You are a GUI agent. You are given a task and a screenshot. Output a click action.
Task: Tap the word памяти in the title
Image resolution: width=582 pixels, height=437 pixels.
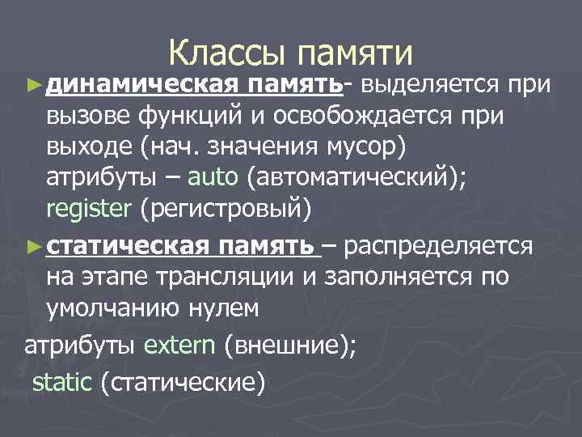coord(355,54)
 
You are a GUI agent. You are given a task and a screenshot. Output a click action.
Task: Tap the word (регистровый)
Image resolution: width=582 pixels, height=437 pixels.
coord(225,210)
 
